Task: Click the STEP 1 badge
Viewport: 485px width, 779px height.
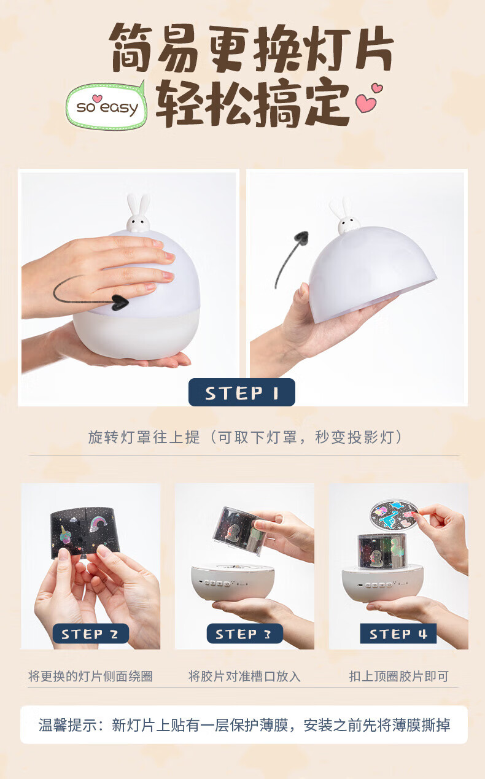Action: [242, 392]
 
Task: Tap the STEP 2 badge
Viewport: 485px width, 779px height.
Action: [91, 634]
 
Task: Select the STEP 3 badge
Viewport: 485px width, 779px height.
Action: [244, 634]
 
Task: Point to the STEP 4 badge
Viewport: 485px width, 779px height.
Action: [398, 634]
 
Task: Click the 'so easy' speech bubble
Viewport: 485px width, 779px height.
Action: [106, 106]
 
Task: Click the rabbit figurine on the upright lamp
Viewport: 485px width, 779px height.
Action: [138, 213]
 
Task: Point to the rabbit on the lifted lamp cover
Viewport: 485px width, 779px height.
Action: [346, 216]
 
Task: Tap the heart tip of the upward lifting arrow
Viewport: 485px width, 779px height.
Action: [302, 236]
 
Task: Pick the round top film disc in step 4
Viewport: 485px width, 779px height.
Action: [394, 516]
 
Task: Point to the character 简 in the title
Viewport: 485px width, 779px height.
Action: [132, 48]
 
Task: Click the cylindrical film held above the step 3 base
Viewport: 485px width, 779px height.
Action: [239, 530]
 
